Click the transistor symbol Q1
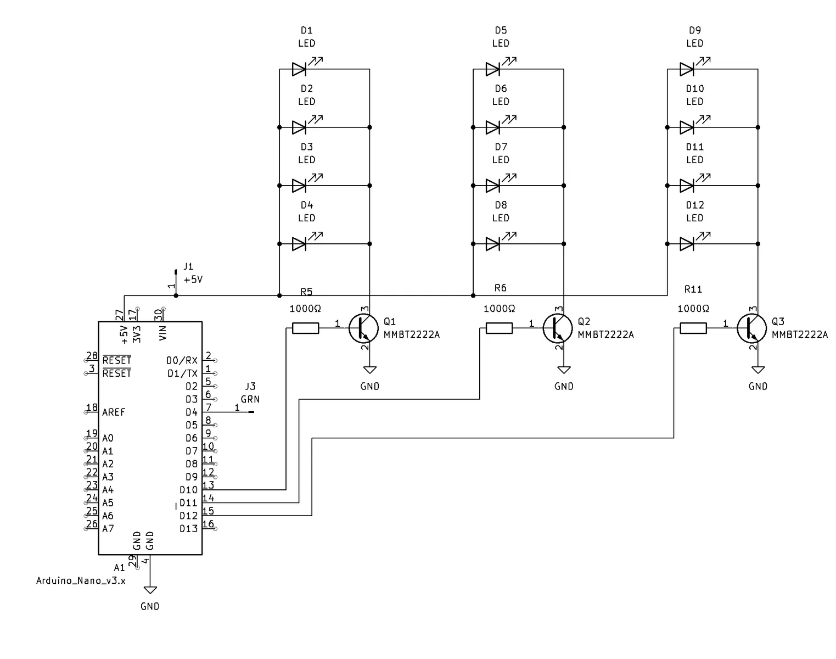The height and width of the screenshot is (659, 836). point(363,328)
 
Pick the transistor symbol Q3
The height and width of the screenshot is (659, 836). point(751,328)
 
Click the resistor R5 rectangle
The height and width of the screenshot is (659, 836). point(306,328)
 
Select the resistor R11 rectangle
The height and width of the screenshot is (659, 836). point(693,328)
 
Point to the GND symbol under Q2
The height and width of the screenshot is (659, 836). point(564,370)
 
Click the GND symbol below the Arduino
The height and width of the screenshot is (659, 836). point(150,590)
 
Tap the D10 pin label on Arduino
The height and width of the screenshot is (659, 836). point(188,490)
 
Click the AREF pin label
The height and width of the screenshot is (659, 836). point(114,412)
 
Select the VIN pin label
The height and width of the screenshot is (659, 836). point(163,333)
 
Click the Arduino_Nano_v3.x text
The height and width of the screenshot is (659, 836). point(81,581)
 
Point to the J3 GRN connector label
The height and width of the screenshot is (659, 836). point(250,393)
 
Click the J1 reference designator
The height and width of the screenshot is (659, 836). point(188,267)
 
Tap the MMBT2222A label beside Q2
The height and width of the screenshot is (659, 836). point(605,335)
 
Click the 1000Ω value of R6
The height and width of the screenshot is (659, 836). point(499,309)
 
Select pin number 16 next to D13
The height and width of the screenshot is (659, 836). point(208,524)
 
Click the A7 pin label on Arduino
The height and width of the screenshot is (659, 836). point(108,529)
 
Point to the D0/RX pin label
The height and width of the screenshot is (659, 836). point(182,360)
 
